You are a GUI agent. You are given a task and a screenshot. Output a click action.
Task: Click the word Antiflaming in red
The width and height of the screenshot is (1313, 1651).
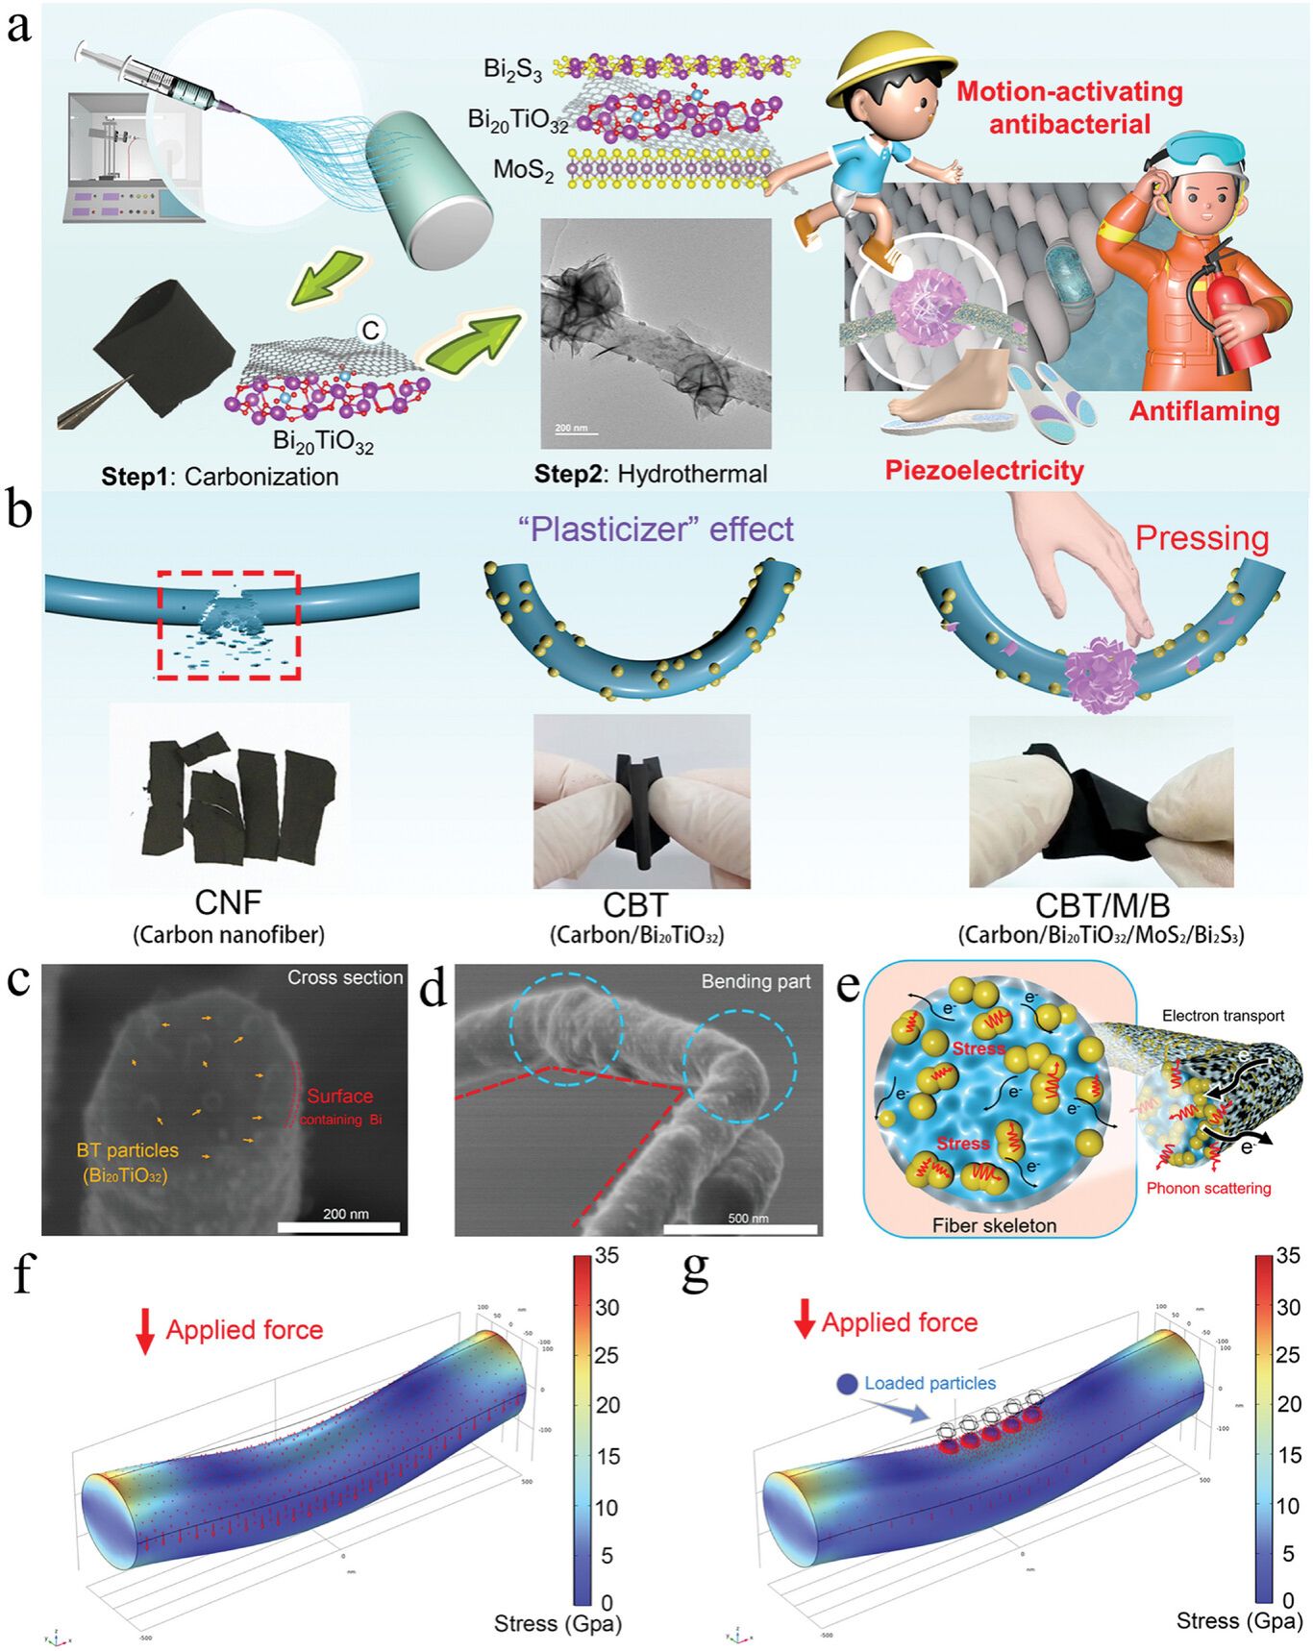tap(1203, 411)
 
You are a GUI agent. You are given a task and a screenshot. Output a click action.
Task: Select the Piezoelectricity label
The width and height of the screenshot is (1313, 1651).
tap(984, 470)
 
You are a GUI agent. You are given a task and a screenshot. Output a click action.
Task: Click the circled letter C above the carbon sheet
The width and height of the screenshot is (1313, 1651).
tap(370, 330)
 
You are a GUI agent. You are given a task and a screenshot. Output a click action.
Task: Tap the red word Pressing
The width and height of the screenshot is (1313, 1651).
tap(1202, 538)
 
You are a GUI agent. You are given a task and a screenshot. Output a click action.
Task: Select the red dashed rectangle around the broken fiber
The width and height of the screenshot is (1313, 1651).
tap(229, 626)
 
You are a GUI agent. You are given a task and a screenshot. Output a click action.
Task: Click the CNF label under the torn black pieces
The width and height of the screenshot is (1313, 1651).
tap(228, 903)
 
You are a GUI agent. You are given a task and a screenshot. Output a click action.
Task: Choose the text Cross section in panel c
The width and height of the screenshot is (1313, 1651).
tap(345, 977)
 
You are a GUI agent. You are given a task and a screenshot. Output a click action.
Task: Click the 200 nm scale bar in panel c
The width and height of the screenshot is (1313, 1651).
tap(338, 1226)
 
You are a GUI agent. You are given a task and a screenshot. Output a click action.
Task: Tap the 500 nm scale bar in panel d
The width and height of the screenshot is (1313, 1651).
tap(740, 1228)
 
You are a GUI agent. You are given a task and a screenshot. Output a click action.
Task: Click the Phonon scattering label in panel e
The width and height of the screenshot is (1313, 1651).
tap(1208, 1188)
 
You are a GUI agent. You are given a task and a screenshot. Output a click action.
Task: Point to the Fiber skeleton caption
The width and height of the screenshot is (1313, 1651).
tap(994, 1225)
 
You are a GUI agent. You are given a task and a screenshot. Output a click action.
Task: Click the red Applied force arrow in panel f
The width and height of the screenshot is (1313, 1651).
tap(145, 1331)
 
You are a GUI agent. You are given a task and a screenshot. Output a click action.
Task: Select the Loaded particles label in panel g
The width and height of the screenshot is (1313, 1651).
tap(929, 1383)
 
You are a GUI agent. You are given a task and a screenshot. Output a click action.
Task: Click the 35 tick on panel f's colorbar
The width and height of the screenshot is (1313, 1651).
tap(607, 1255)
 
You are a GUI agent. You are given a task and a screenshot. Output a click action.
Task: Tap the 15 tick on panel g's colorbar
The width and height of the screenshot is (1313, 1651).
tap(1289, 1455)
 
